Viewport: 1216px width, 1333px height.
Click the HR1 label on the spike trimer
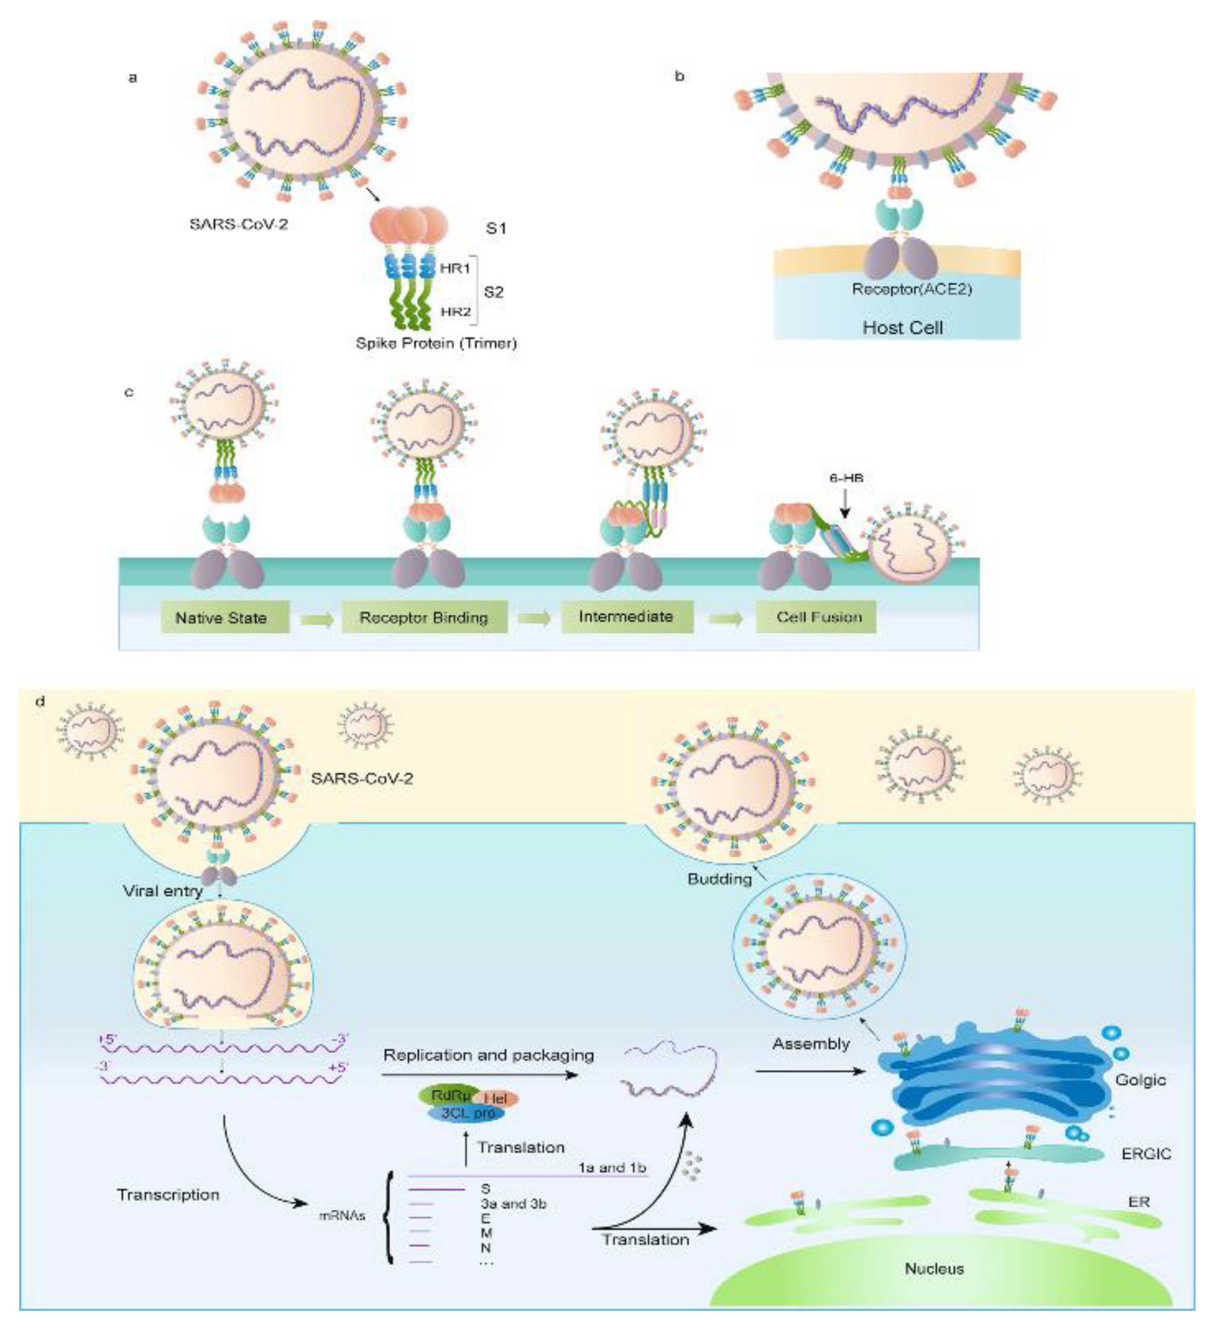tap(454, 268)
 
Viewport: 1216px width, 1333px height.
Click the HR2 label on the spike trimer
tap(455, 311)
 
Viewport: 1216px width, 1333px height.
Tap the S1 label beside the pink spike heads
tap(496, 228)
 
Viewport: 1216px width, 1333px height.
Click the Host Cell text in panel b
tap(902, 328)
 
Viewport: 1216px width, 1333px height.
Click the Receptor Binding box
tap(424, 617)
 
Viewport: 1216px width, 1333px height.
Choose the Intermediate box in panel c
tap(626, 616)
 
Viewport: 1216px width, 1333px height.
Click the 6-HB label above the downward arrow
tap(846, 477)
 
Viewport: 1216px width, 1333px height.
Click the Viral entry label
tap(163, 891)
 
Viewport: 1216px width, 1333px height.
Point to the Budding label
tap(720, 879)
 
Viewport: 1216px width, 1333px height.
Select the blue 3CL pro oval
tap(467, 1113)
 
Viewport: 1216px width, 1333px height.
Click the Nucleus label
tap(934, 1268)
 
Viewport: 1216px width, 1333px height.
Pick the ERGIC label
tap(1146, 1154)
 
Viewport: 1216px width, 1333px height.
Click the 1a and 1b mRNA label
tap(612, 1168)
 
